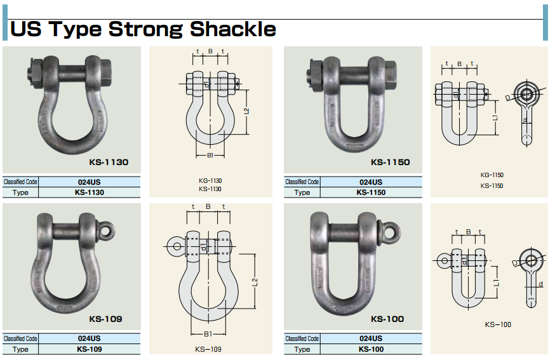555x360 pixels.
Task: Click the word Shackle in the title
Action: [233, 29]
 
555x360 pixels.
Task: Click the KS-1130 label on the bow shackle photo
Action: [109, 162]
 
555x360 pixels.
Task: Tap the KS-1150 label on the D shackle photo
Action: [391, 162]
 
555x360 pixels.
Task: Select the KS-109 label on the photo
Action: [105, 319]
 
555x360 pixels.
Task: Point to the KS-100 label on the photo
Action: [387, 319]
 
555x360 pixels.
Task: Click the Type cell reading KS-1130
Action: [89, 192]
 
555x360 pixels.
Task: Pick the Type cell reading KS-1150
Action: [371, 192]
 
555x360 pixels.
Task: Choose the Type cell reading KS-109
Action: [89, 349]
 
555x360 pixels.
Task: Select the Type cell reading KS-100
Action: [371, 349]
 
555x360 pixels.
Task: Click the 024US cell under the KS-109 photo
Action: [89, 338]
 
